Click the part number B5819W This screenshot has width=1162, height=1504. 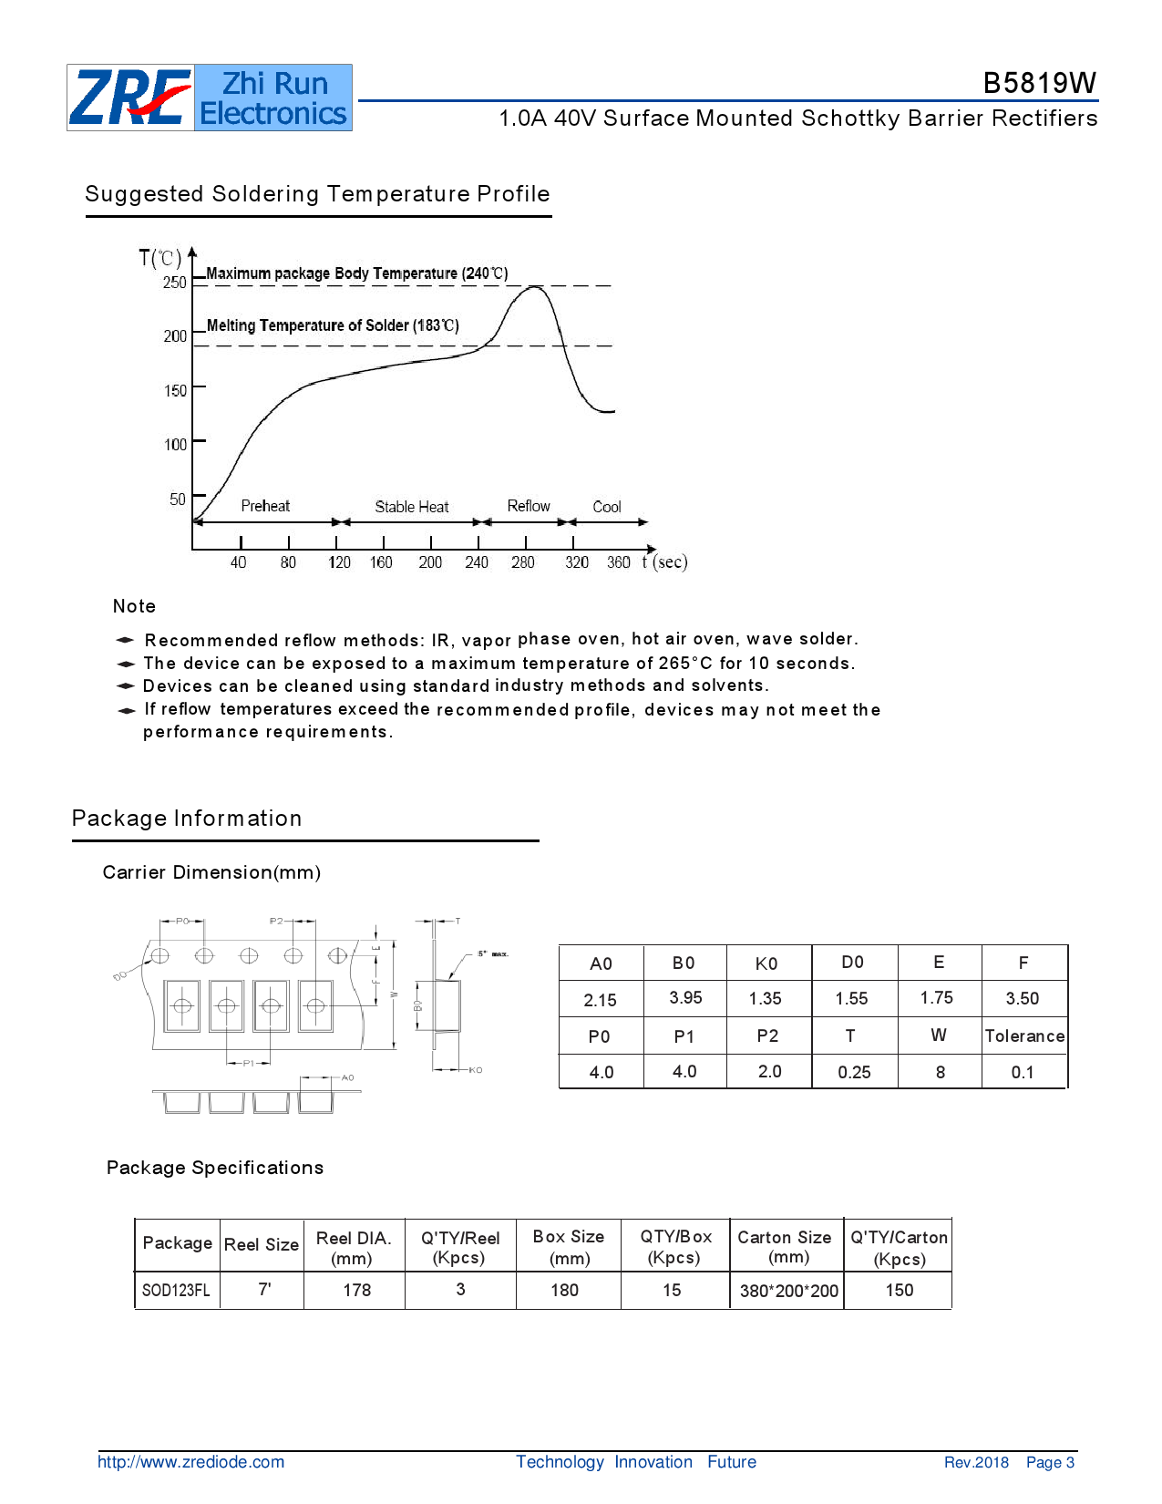(1039, 83)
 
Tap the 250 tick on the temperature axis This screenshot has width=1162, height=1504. (175, 283)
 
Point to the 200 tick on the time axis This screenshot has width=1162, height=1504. (430, 562)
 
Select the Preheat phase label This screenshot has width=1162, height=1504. (265, 506)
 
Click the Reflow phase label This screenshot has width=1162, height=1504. (529, 506)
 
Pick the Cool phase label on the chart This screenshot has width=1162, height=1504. (607, 507)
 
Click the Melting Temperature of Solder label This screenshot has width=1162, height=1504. (333, 325)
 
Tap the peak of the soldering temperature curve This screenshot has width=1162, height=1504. (533, 287)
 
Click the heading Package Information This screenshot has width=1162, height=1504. (187, 819)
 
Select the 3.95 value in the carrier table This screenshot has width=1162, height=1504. (685, 998)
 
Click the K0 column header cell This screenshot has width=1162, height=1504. (766, 963)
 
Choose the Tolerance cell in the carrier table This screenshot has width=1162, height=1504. (1024, 1036)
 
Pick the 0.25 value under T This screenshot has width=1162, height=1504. (854, 1073)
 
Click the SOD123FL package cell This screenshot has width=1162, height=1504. (176, 1291)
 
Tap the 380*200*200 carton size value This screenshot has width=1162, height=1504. (788, 1291)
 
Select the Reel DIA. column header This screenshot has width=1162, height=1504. (354, 1248)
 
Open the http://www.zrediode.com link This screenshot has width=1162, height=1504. (190, 1462)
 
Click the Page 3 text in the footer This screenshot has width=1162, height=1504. (1050, 1462)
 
